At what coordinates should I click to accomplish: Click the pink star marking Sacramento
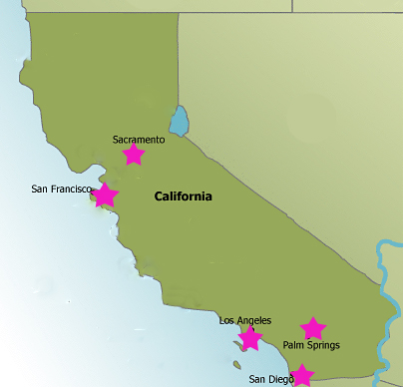coord(133,155)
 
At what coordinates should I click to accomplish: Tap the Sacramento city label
coord(139,140)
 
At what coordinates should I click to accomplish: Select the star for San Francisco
coord(105,194)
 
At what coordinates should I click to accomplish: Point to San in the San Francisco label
coord(41,189)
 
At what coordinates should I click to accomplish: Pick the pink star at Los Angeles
coord(250,339)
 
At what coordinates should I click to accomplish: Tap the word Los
coord(226,320)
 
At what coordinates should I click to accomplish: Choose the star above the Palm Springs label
coord(313,328)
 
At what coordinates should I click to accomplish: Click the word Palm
coord(294,345)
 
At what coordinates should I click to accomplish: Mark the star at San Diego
coord(301,375)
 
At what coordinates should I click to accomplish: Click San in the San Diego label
coord(257,379)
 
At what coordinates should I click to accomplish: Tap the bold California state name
coord(183,196)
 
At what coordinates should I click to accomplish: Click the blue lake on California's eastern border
coord(179,121)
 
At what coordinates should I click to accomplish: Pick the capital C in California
coord(159,196)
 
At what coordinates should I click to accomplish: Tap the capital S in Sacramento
coord(116,140)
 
